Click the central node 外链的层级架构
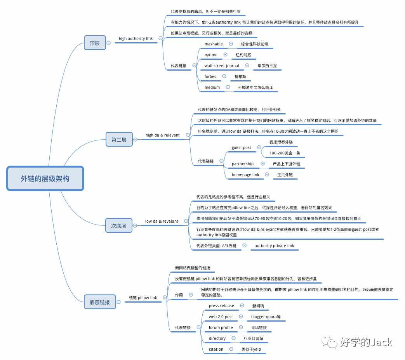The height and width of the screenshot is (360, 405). [45, 178]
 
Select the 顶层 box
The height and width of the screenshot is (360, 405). [95, 43]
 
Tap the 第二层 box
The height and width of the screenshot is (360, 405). [119, 139]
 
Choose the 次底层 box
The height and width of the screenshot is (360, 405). [118, 225]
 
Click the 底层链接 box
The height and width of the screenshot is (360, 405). [100, 302]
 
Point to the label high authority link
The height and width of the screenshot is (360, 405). [136, 38]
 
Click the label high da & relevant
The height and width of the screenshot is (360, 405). [162, 135]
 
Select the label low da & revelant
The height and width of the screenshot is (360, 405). [162, 221]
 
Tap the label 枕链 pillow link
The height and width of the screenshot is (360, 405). [143, 298]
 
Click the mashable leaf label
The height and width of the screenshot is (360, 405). [214, 44]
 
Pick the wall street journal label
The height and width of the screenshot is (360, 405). [222, 66]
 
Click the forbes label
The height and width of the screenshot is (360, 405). [210, 77]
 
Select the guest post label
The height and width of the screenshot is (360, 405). [241, 148]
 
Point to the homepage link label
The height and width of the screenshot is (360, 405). [245, 175]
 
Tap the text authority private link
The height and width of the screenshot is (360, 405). [274, 246]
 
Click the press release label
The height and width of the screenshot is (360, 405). [221, 306]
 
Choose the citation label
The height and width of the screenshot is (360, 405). [216, 349]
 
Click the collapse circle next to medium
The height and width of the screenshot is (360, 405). [228, 87]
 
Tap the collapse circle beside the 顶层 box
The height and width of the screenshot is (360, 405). [108, 43]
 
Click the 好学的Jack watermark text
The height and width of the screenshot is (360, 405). [366, 342]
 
